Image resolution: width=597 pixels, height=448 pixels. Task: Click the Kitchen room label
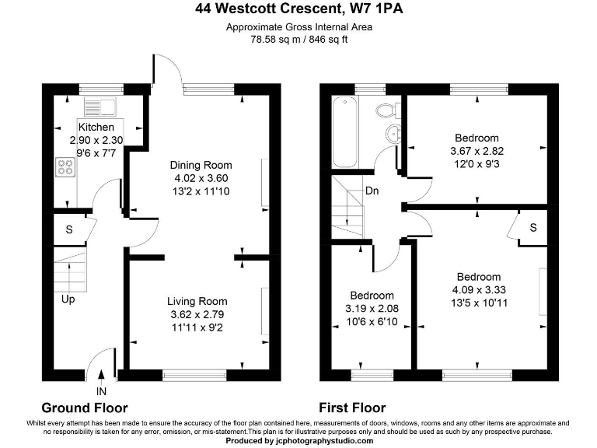tap(96, 127)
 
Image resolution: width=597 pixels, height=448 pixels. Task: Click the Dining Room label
tap(201, 165)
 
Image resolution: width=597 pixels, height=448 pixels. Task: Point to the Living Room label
tap(197, 302)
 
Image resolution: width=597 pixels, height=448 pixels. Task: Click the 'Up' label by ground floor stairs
tap(68, 299)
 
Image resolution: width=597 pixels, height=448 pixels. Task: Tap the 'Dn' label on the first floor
tap(372, 191)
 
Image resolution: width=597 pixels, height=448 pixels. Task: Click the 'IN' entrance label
tap(102, 391)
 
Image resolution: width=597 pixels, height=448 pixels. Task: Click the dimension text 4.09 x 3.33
tap(478, 290)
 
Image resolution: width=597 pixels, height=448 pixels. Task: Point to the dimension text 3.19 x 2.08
tap(372, 309)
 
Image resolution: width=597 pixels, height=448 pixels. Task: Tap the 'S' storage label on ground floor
tap(69, 230)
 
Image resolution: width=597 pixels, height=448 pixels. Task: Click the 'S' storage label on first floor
tap(533, 228)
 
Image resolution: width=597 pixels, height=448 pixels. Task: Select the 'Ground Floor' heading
tap(84, 408)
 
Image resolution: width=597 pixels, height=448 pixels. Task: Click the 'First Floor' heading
tap(352, 408)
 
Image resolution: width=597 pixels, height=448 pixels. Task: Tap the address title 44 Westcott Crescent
tap(298, 10)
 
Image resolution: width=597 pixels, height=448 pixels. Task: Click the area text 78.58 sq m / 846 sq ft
tap(298, 39)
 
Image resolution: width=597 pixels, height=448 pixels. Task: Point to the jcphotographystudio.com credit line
tap(298, 440)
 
